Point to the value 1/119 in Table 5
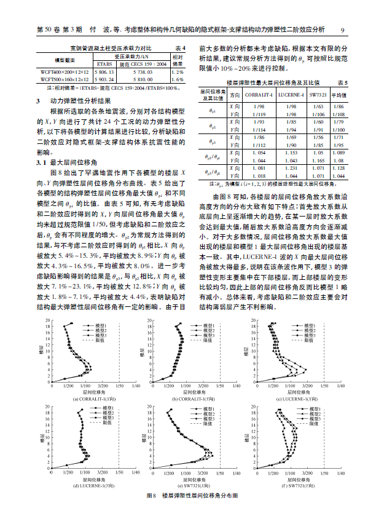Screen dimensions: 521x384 [259, 114]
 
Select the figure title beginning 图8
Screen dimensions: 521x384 [191, 495]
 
